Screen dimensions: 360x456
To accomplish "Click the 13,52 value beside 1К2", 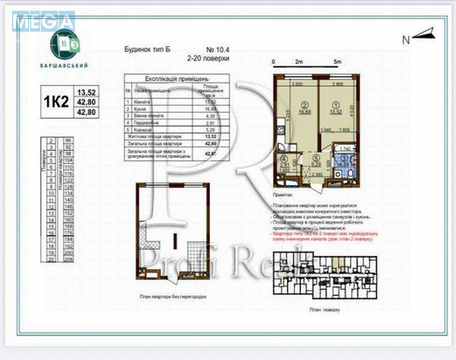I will click(x=86, y=91).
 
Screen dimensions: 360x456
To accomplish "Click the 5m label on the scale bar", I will click(x=338, y=63).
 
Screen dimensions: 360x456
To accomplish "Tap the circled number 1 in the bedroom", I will click(x=331, y=102).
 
